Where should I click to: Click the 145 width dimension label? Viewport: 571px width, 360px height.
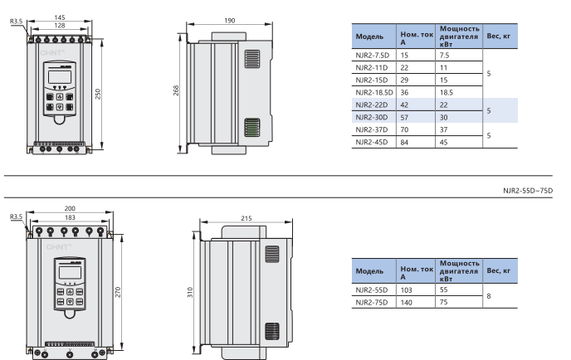point(60,17)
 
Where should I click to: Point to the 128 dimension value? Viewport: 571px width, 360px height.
point(60,26)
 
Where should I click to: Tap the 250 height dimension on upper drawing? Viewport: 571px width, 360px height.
point(98,94)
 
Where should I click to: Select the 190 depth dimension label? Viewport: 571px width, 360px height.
point(230,21)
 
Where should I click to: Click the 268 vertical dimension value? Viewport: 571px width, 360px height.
point(176,90)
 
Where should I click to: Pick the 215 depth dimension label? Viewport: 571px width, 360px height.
point(246,218)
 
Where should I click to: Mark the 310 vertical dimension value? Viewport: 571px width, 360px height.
point(190,292)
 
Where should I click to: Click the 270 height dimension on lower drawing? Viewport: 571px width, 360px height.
point(118,292)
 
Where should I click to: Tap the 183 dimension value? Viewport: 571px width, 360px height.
point(70,217)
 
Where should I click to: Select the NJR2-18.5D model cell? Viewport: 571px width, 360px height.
point(374,92)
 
